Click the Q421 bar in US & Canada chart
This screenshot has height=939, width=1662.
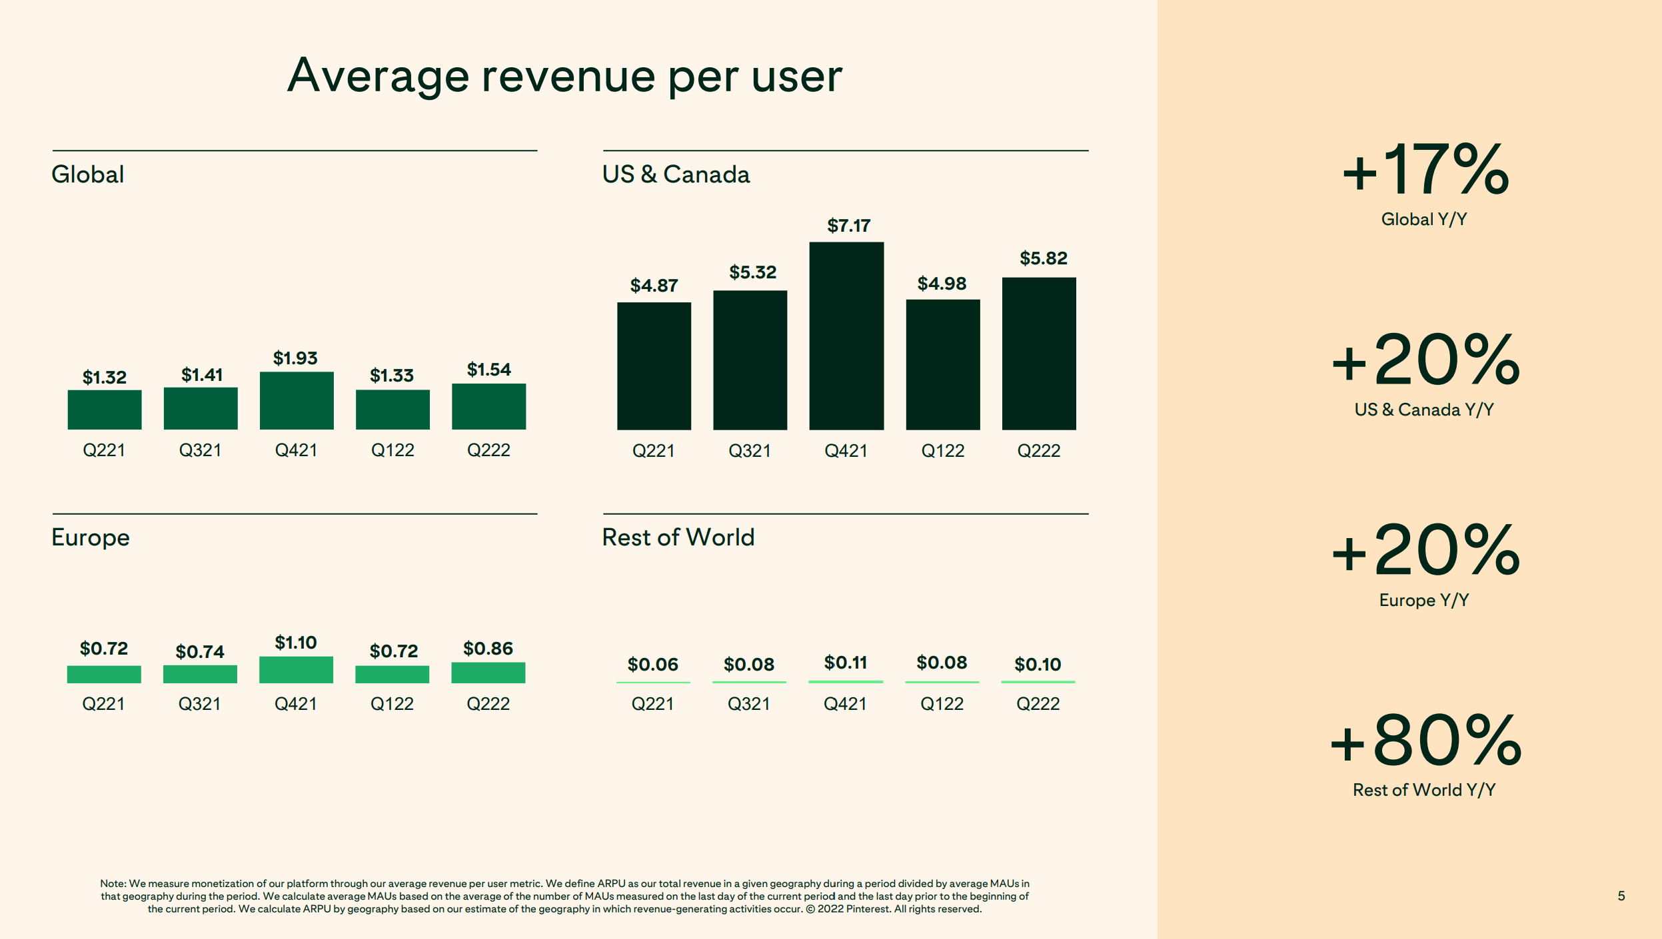point(846,336)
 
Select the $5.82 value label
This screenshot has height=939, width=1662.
point(1043,258)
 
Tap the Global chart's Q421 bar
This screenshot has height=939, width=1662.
point(297,400)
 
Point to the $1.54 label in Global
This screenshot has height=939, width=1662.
point(488,370)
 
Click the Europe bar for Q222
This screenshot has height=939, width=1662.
point(488,673)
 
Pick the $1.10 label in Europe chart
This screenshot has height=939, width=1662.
point(296,643)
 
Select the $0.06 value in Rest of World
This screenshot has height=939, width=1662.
point(652,664)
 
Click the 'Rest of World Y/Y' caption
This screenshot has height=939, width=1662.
point(1424,790)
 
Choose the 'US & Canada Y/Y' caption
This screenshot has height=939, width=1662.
point(1424,410)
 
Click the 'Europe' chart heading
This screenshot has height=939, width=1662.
point(91,537)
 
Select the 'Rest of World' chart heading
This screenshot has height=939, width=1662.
point(678,537)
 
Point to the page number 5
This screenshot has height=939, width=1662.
point(1621,896)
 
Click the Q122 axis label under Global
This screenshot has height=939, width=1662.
point(393,450)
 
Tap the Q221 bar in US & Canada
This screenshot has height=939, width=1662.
point(654,366)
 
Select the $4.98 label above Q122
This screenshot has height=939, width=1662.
point(942,284)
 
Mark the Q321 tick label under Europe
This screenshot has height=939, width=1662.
point(199,704)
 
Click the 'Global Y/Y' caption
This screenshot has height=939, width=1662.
point(1424,219)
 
